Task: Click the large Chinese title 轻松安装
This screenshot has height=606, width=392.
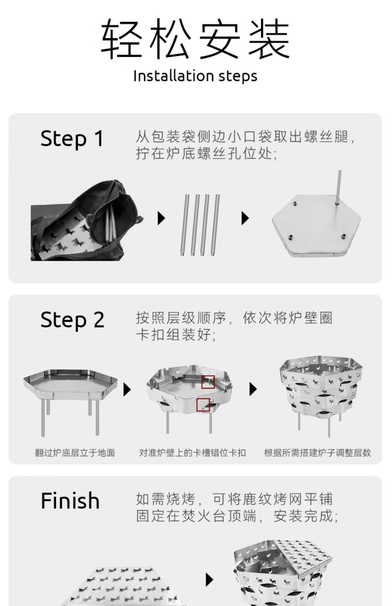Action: (195, 38)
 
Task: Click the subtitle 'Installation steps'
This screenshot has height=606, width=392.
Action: (195, 76)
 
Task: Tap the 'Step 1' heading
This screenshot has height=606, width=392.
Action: (72, 139)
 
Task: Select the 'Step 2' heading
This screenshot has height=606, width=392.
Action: (72, 320)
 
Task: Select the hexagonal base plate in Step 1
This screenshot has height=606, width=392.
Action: (316, 227)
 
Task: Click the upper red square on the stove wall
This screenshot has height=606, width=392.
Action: (208, 382)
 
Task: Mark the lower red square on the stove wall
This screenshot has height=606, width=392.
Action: (203, 405)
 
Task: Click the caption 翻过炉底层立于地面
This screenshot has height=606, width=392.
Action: (75, 453)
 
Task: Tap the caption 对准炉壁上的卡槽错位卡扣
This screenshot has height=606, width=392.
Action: (192, 453)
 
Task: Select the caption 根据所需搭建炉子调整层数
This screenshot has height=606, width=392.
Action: (317, 453)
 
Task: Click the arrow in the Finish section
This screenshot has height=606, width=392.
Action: (209, 580)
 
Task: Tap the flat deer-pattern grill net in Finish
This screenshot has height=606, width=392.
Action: (123, 587)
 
